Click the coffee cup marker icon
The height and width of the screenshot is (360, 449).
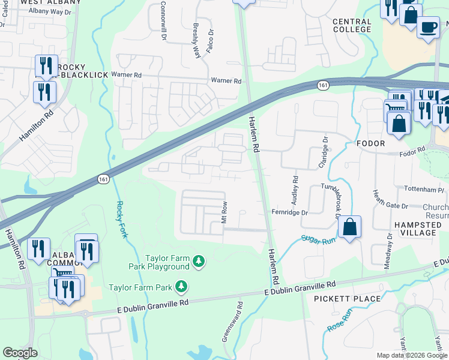[427, 28]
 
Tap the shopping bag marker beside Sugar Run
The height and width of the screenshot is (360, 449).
[349, 227]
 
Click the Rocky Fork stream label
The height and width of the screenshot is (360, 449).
[121, 220]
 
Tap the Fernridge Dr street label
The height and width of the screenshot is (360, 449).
[289, 212]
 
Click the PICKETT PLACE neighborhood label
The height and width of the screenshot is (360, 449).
[348, 299]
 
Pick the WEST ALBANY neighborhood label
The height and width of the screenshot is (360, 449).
[50, 3]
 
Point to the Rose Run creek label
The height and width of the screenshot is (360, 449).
[339, 321]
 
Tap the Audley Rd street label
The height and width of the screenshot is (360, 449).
[295, 188]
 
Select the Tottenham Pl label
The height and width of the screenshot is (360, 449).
[427, 189]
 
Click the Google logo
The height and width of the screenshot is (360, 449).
[20, 353]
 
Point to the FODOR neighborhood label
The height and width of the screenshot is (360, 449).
[370, 144]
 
